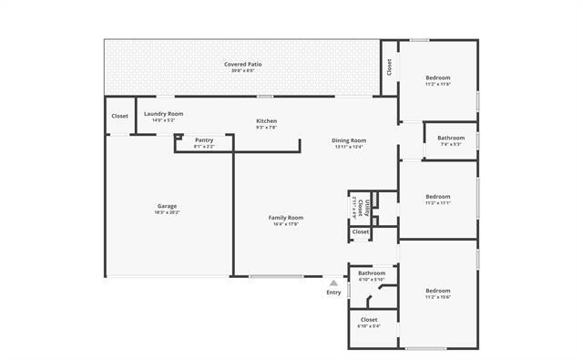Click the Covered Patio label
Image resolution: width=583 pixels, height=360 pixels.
tap(244, 64)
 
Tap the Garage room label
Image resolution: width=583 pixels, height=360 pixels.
tap(167, 206)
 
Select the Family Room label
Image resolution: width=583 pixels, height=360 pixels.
tap(285, 218)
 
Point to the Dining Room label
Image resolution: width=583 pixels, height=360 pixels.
tap(349, 139)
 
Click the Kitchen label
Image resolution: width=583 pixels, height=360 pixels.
tap(266, 120)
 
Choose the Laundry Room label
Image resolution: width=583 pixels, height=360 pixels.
tap(164, 113)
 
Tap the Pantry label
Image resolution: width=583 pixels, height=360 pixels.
tap(204, 139)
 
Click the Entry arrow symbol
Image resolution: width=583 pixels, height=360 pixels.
tap(334, 283)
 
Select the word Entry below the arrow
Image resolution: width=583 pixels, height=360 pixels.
tap(334, 293)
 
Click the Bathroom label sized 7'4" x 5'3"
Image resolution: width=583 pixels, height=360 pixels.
tap(451, 138)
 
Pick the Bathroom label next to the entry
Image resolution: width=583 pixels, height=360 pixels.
tap(371, 273)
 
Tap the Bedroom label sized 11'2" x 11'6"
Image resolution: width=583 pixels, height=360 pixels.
tap(438, 77)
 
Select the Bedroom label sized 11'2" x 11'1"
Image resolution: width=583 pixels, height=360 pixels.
tap(438, 196)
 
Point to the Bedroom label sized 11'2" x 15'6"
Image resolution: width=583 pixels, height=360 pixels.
tap(438, 291)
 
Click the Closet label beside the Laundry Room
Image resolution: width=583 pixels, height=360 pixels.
tap(119, 116)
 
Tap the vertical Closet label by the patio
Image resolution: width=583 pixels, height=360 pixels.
tap(389, 67)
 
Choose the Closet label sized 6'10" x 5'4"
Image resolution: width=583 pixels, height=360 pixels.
tap(369, 320)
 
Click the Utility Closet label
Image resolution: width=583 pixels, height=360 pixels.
tap(361, 208)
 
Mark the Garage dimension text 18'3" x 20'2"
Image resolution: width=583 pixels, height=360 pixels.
tap(167, 212)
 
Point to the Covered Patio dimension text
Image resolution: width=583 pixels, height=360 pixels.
tap(244, 71)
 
